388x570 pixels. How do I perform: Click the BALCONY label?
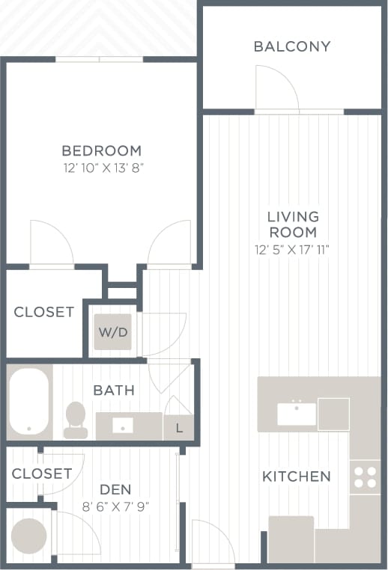(x=291, y=46)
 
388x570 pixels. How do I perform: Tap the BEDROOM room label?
(x=102, y=150)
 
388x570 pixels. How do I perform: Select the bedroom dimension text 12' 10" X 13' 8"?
(x=102, y=168)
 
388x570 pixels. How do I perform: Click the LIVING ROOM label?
(x=293, y=224)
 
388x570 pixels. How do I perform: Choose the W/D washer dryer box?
(x=112, y=331)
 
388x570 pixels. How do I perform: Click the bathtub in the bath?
(x=29, y=401)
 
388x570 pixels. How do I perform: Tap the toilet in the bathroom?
(x=76, y=420)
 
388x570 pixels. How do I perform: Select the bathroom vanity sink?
(x=123, y=426)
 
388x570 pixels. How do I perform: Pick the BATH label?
(x=114, y=390)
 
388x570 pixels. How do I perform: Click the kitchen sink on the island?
(x=297, y=412)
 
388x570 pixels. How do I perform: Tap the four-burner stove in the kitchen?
(x=366, y=478)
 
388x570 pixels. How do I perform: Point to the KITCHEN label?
(x=296, y=476)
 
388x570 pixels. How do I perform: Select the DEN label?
(x=115, y=490)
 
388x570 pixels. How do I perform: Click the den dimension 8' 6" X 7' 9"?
(x=115, y=506)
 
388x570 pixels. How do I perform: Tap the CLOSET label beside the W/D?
(x=44, y=312)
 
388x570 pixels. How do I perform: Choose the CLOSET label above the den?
(x=42, y=474)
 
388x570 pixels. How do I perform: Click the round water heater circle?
(x=28, y=536)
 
